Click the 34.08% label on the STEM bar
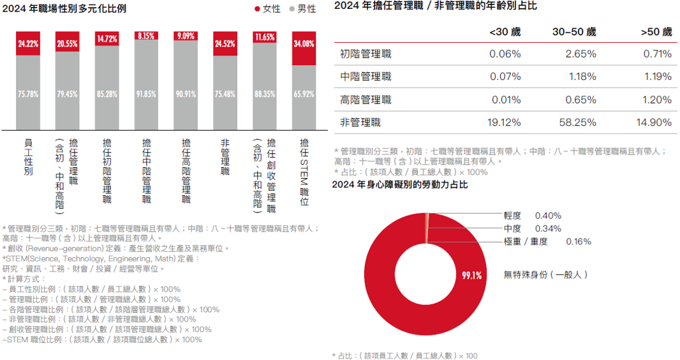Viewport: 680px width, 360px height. click(304, 44)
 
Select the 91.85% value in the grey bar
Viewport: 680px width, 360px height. click(146, 94)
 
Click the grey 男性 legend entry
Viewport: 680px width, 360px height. click(302, 9)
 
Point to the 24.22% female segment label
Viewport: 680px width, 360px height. click(28, 44)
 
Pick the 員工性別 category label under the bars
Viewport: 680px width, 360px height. click(28, 157)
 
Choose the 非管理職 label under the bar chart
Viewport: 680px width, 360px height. click(225, 157)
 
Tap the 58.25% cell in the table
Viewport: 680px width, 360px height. click(580, 123)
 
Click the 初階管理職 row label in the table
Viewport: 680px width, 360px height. click(366, 54)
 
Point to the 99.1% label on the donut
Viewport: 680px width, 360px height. click(472, 275)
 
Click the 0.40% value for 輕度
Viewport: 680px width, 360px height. click(548, 216)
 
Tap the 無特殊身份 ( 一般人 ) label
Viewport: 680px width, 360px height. click(545, 274)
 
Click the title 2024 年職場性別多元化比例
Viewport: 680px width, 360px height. click(64, 8)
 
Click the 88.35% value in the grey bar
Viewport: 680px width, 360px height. click(264, 94)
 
